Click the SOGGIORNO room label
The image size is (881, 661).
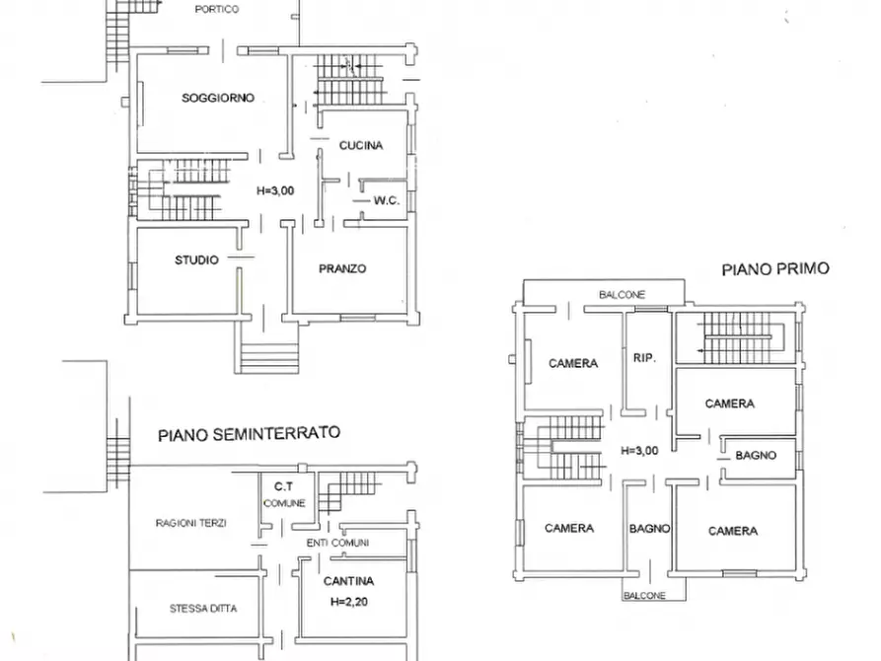pyautogui.click(x=218, y=98)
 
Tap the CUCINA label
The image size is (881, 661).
pyautogui.click(x=360, y=145)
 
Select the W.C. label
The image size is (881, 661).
pyautogui.click(x=385, y=200)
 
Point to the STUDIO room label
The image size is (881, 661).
pyautogui.click(x=196, y=260)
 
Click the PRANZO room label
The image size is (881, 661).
pyautogui.click(x=342, y=268)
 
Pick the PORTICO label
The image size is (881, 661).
pyautogui.click(x=217, y=8)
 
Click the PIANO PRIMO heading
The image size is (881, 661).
pyautogui.click(x=774, y=267)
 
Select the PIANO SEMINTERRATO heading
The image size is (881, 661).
pyautogui.click(x=250, y=432)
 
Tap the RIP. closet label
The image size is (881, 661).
pyautogui.click(x=644, y=357)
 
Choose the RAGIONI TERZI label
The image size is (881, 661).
pyautogui.click(x=190, y=523)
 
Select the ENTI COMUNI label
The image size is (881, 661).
pyautogui.click(x=337, y=543)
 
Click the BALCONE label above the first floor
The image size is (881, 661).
pyautogui.click(x=622, y=294)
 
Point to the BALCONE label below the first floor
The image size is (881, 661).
pyautogui.click(x=644, y=595)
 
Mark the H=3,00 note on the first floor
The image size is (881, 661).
pyautogui.click(x=640, y=450)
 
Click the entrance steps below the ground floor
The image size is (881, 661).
pyautogui.click(x=267, y=352)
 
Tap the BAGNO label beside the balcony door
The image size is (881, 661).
pyautogui.click(x=649, y=529)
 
